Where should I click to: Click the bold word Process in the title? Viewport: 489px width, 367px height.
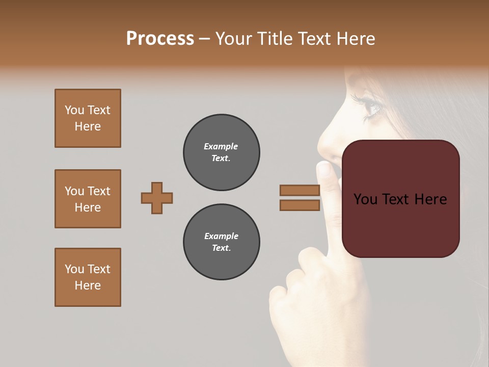(160, 39)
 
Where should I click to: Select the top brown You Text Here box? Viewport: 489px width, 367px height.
(88, 118)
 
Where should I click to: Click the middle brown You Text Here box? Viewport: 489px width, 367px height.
(88, 199)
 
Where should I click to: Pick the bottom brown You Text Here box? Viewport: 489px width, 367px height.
(88, 277)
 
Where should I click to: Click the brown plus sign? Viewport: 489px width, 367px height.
(157, 198)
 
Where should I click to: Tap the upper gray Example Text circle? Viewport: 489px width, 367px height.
(221, 152)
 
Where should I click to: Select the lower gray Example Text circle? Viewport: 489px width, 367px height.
(221, 242)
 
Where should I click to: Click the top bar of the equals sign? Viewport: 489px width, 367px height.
(300, 190)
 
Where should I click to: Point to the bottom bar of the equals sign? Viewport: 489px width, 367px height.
(300, 205)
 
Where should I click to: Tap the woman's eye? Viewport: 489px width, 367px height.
(372, 108)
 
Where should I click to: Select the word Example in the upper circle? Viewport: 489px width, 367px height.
(221, 146)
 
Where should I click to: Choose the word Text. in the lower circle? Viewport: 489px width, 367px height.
(221, 248)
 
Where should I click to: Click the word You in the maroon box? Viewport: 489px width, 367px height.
(366, 199)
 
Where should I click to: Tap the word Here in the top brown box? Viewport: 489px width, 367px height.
(88, 126)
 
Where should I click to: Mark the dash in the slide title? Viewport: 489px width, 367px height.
(204, 39)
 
